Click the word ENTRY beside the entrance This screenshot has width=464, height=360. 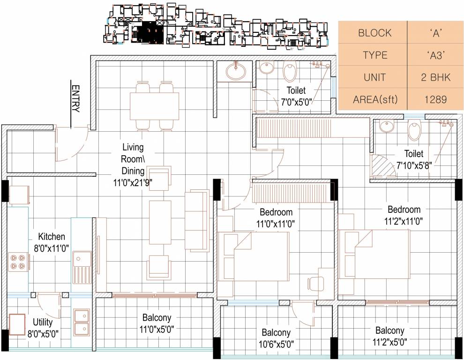coord(75,99)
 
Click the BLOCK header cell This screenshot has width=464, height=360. coord(374,33)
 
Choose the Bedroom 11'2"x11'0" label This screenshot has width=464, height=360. coord(404,215)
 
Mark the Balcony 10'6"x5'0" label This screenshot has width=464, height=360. coord(276,337)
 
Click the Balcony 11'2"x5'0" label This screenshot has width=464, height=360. coord(389,336)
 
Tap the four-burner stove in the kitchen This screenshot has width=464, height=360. coord(18,262)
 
